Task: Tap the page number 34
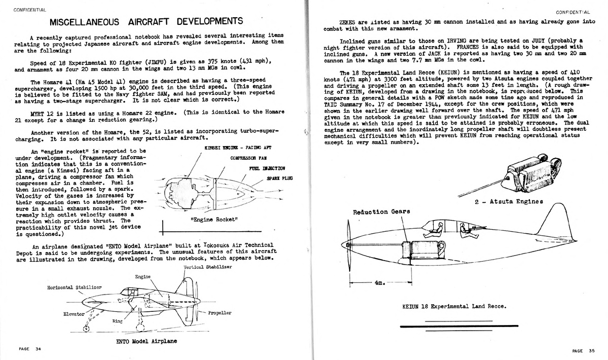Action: [38, 349]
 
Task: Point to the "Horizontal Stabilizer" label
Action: [74, 287]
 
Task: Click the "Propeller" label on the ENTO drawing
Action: [219, 313]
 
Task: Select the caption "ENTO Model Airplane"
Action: [146, 341]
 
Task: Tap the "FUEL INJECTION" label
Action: [267, 168]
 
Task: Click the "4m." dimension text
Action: [380, 283]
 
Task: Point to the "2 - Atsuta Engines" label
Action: [509, 201]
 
